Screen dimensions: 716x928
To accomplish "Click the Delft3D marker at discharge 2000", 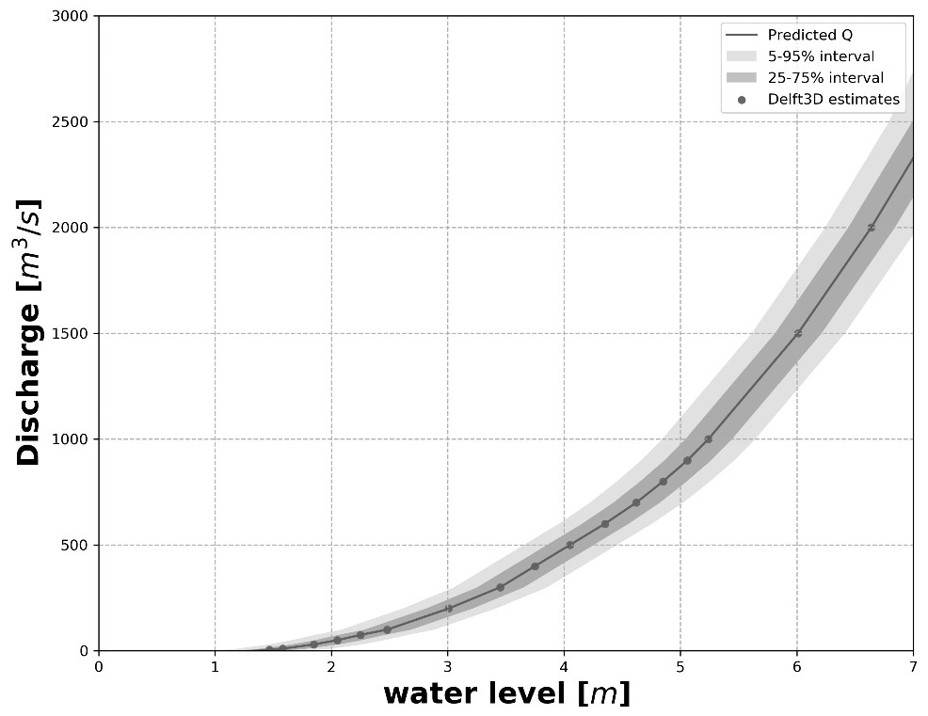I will (x=872, y=228).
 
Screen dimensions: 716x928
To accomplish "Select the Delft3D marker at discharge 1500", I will (x=798, y=333).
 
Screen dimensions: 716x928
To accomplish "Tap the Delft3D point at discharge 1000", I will (x=708, y=439).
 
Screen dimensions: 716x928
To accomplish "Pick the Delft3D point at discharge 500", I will (x=569, y=545).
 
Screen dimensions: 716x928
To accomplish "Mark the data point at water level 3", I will (x=448, y=609).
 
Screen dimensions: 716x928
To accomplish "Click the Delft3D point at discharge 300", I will (x=500, y=587).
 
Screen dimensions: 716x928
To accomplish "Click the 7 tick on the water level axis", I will (x=913, y=666).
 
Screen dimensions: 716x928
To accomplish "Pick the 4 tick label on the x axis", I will (x=564, y=666).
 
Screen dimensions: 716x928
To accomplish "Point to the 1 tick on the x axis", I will (x=215, y=666).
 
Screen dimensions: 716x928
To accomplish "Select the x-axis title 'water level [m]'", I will (x=506, y=694).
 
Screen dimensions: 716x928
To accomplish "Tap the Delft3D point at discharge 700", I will (x=636, y=502).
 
